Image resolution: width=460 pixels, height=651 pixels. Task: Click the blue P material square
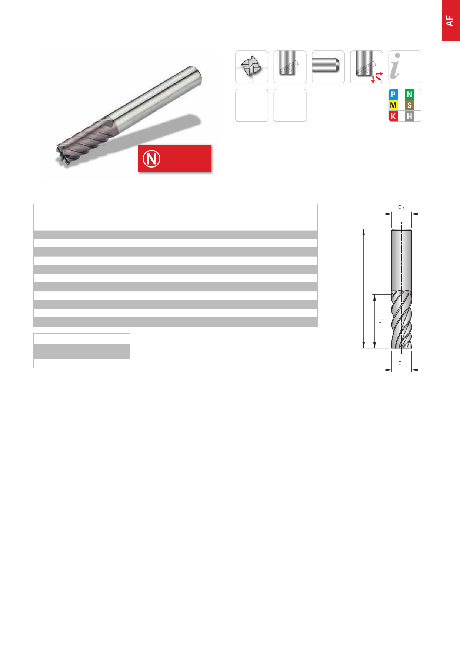click(393, 95)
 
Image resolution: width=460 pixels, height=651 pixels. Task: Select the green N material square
click(409, 95)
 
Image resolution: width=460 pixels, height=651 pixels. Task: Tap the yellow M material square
click(393, 105)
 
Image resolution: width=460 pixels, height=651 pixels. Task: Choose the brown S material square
click(409, 105)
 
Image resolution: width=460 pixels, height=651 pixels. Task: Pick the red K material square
click(393, 116)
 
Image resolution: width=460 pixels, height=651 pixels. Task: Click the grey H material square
click(409, 116)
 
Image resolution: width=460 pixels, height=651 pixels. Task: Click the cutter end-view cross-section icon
click(251, 67)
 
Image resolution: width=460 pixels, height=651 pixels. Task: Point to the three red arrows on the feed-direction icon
click(377, 77)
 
